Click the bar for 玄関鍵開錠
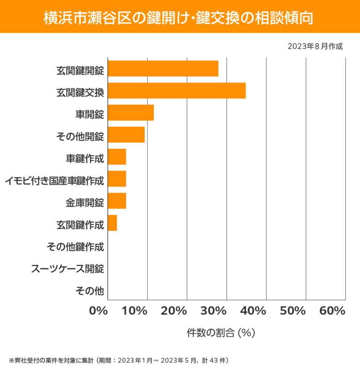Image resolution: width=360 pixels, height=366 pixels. tap(163, 68)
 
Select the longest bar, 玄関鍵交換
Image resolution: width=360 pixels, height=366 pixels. tap(177, 91)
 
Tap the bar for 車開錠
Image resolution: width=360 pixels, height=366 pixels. tap(130, 112)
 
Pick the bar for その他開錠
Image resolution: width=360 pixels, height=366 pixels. tap(126, 135)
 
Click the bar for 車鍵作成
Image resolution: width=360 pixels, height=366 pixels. tap(117, 157)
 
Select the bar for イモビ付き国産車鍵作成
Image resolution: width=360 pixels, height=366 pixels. tap(117, 179)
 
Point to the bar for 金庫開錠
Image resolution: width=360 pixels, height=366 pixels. tap(117, 201)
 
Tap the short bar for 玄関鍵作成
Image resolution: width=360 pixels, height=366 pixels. tap(112, 223)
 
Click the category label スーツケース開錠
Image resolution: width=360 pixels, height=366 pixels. tap(68, 268)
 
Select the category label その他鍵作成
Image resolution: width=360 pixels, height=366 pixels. tap(75, 246)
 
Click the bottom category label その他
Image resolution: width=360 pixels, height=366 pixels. tap(89, 290)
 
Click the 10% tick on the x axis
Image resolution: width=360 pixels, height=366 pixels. tap(135, 311)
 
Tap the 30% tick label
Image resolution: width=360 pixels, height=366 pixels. tap(214, 311)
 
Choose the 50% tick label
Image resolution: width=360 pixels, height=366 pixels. tap(292, 311)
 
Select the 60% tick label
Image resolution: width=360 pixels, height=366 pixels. tap(332, 311)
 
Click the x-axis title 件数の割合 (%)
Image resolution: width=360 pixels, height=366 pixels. tap(221, 333)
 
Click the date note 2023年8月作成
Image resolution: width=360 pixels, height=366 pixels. tap(315, 46)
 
